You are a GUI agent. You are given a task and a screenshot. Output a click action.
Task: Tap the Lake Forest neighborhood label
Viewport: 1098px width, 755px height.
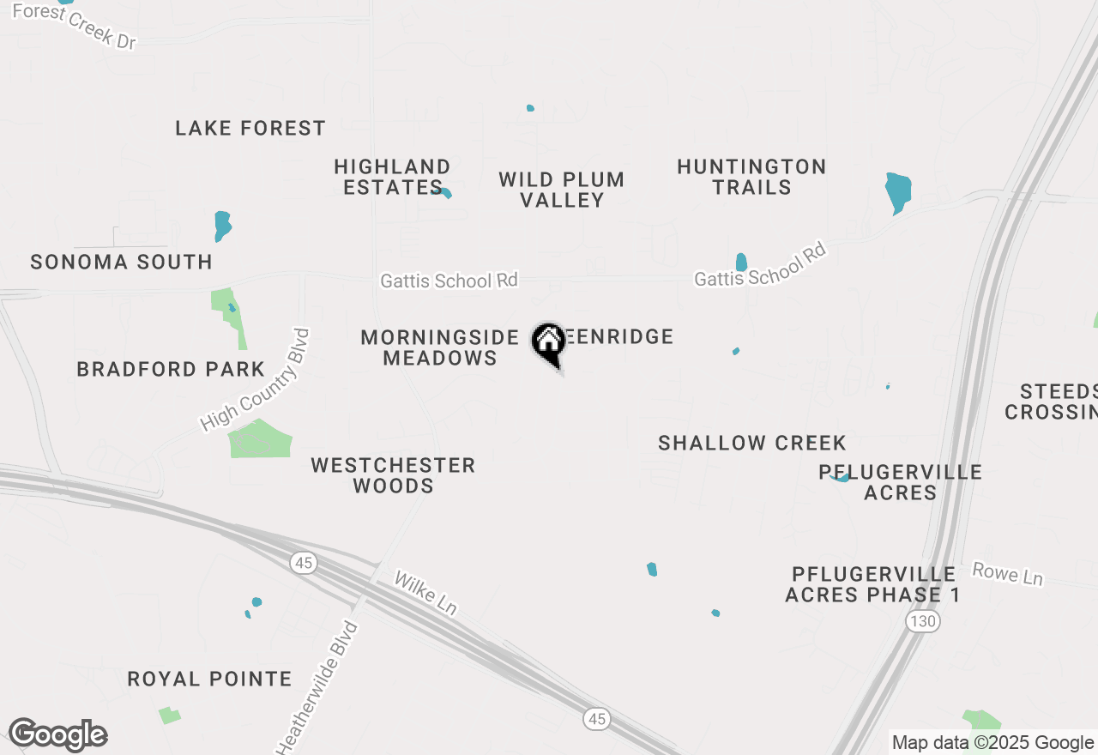click(250, 129)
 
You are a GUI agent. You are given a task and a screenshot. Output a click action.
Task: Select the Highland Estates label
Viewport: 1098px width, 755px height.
click(392, 177)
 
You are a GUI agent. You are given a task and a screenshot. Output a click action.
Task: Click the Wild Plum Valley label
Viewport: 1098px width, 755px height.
click(562, 190)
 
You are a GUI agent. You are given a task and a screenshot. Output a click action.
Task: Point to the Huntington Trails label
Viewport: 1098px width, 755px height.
click(751, 177)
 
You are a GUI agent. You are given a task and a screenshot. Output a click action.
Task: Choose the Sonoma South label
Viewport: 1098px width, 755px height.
click(121, 263)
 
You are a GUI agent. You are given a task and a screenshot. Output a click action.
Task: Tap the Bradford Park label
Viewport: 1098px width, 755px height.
click(171, 370)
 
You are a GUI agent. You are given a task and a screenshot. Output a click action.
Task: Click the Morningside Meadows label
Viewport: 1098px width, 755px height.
click(440, 347)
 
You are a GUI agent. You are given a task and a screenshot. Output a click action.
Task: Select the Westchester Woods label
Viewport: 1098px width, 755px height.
click(393, 475)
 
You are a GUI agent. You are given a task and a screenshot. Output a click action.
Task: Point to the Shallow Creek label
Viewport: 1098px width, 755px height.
click(752, 444)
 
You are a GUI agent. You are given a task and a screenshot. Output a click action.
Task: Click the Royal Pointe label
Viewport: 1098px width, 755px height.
click(209, 679)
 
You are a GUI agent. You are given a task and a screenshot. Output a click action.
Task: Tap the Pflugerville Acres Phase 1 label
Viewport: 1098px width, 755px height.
click(872, 584)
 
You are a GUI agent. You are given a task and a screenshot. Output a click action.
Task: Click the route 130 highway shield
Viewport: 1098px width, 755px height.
click(923, 621)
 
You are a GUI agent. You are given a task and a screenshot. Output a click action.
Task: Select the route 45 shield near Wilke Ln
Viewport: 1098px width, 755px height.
click(303, 563)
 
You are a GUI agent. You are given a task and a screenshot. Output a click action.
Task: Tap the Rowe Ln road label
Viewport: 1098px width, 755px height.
click(1007, 574)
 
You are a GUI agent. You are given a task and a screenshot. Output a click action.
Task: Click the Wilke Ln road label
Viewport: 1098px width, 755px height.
click(425, 593)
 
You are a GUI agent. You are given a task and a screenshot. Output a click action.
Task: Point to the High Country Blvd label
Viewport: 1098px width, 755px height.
click(254, 380)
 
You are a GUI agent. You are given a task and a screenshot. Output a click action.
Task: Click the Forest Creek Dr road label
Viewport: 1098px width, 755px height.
click(75, 26)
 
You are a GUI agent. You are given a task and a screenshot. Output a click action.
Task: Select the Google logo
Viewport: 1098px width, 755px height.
click(57, 735)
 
